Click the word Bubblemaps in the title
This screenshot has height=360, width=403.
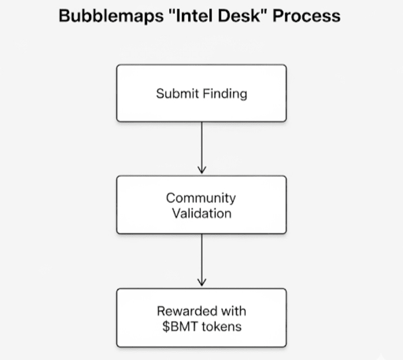pos(111,16)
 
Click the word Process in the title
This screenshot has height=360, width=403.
pos(306,16)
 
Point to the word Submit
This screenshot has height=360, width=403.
pos(177,93)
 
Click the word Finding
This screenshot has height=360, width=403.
pos(225,94)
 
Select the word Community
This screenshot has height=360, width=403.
pos(201,199)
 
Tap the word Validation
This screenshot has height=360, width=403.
pos(201,213)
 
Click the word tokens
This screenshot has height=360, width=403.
pos(222,326)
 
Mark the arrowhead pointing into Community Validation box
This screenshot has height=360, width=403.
pos(201,170)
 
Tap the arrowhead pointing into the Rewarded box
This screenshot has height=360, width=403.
pos(201,282)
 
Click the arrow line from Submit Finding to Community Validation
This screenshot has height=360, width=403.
pos(201,148)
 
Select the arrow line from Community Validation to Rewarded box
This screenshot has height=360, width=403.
pos(201,260)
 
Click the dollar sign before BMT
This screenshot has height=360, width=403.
pos(166,326)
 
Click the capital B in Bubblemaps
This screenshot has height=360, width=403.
pos(64,16)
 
